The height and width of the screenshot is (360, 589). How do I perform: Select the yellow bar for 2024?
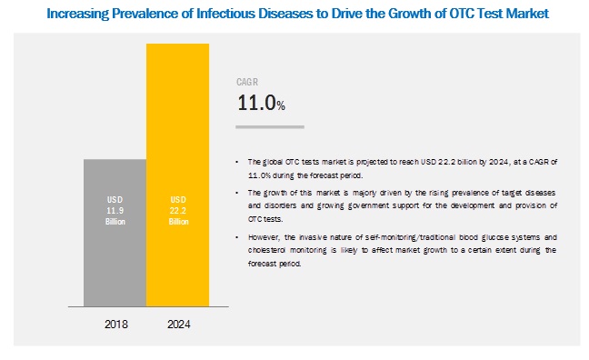tap(177, 173)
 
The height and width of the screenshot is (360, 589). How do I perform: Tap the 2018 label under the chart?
tap(115, 324)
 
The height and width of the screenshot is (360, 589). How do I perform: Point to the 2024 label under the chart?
tap(178, 324)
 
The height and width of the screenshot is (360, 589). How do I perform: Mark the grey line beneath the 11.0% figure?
tap(270, 126)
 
